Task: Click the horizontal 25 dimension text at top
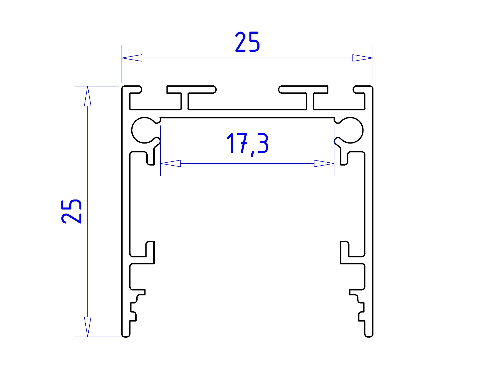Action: (247, 42)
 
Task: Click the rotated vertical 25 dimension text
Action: (71, 211)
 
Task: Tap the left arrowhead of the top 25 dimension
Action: (132, 58)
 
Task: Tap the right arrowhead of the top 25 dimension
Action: (363, 58)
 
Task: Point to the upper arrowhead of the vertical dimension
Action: (88, 96)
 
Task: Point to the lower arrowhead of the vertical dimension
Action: (88, 327)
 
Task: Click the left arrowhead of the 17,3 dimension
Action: (171, 163)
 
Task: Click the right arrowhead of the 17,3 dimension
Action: (324, 163)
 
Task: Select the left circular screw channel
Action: (144, 130)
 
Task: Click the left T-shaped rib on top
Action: (191, 98)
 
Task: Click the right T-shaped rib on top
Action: (304, 98)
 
